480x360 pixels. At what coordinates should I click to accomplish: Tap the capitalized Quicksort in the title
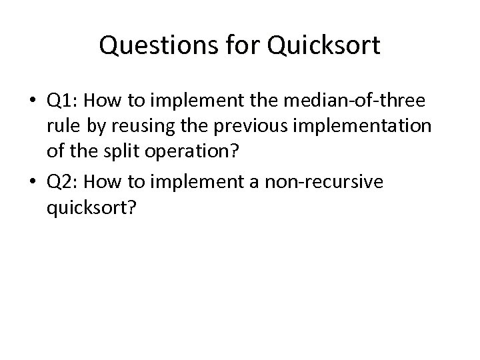[323, 46]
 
